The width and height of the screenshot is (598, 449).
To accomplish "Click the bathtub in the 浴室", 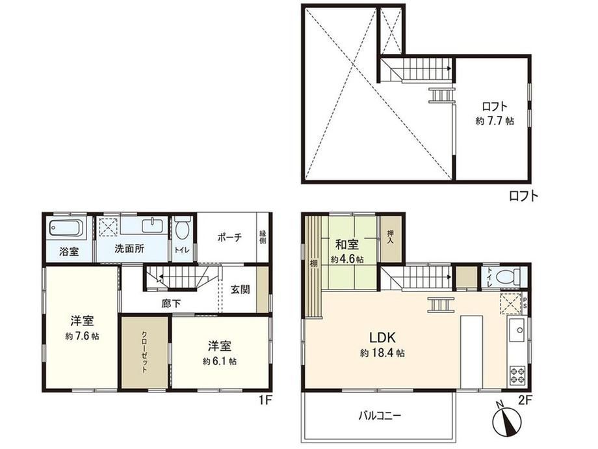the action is pos(66,228).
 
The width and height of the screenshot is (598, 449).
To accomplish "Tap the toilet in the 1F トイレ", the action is pos(183,228).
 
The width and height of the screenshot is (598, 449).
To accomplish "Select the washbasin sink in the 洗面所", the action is pos(153,226).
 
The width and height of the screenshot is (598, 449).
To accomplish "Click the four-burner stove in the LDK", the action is pos(517,374).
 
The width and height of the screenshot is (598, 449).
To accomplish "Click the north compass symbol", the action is pos(507,421).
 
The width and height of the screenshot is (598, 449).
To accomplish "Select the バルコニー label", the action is pos(380,415).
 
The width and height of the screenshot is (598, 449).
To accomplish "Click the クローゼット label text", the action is pos(145,352).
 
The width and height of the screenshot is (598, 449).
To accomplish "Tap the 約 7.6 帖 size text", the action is pos(82,336).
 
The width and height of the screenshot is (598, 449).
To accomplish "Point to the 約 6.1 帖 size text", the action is pos(219,361).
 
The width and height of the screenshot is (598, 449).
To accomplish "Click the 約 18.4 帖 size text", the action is pos(382,353).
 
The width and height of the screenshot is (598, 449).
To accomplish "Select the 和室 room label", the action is pos(347,245).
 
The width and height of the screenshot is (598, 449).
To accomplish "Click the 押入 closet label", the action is pos(390,237).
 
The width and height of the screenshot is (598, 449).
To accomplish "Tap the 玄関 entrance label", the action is pos(240,290).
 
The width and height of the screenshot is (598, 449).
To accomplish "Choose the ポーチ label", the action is pos(229,238).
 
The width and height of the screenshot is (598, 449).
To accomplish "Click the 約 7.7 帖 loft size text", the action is pos(495,121).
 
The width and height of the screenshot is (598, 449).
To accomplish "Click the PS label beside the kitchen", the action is pos(525,303).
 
